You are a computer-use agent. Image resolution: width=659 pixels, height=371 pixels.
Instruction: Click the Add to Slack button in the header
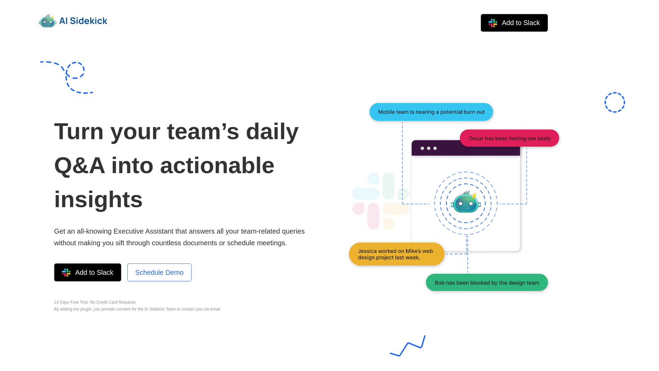pos(514,23)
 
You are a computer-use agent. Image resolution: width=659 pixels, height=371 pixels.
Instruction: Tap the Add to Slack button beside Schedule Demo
pos(87,272)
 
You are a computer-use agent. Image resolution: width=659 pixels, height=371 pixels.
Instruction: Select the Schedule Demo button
pos(159,272)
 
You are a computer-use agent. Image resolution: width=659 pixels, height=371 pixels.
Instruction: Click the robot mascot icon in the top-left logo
pos(47,21)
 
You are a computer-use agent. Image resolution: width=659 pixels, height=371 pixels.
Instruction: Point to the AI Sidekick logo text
pos(83,21)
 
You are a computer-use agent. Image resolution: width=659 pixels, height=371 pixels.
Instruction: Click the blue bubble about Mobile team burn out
pos(431,112)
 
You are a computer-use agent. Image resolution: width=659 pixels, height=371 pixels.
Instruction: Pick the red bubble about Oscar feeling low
pos(509,138)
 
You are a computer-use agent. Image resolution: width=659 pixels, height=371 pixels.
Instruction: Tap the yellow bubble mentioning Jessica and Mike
pos(397,254)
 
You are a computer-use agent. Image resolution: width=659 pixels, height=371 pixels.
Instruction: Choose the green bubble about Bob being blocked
pos(486,283)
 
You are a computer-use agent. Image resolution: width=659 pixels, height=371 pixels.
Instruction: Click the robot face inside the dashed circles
pos(466,202)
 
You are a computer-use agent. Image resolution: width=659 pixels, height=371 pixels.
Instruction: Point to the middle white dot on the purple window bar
pos(429,148)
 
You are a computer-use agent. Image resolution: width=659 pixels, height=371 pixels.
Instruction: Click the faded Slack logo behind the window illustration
pos(381,201)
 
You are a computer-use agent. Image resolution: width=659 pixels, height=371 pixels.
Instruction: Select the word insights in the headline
pos(98,200)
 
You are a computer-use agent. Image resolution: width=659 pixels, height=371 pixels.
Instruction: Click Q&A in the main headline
pos(79,165)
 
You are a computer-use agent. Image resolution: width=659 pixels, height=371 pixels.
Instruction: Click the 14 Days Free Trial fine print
pos(95,302)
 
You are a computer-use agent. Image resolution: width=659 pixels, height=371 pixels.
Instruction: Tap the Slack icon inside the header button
pos(493,23)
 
